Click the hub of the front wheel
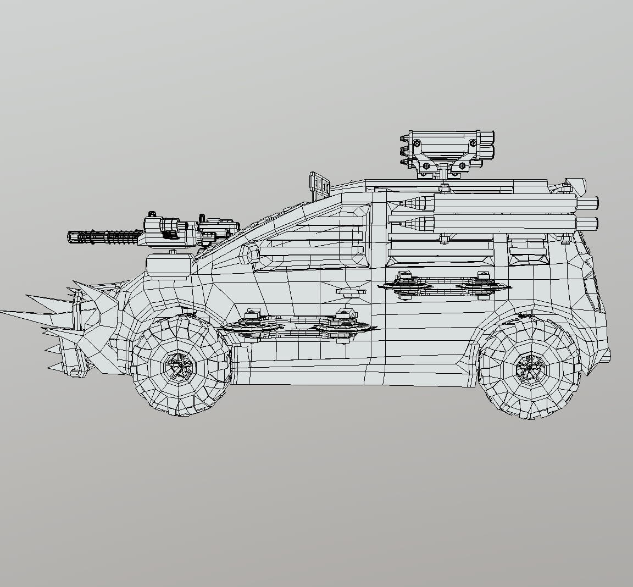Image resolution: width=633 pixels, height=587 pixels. (x=180, y=364)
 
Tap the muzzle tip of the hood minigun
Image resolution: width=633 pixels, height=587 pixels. (x=70, y=237)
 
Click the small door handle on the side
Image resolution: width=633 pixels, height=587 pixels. (x=350, y=291)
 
